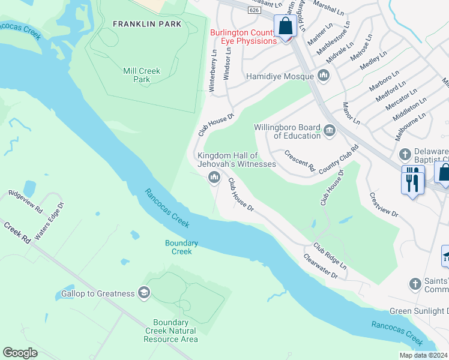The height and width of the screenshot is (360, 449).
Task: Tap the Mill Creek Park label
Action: coord(142,75)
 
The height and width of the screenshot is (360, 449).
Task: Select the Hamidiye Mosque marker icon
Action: coord(324,76)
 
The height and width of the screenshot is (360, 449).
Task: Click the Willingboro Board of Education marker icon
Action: coord(330,130)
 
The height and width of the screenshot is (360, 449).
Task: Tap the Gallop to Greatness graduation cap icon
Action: coord(143,292)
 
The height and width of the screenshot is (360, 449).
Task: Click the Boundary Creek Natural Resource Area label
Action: coord(170,331)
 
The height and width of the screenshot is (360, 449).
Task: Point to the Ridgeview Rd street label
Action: coord(25,202)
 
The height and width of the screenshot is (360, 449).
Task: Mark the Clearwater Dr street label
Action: coord(321,267)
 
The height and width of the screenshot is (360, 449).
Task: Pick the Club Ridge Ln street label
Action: coord(330,255)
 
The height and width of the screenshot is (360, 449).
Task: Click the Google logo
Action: coord(20,352)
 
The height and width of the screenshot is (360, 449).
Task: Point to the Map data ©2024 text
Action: coord(423,355)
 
